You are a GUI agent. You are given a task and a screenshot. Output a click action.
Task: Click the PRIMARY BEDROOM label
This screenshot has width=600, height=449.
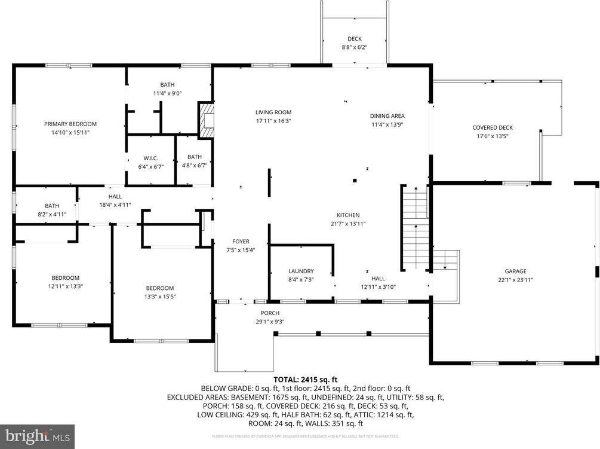[70, 124]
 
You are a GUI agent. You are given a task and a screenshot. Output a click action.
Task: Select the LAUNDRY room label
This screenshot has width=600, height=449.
[300, 271]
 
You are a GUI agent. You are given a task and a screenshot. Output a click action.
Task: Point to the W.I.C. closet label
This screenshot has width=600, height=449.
[150, 158]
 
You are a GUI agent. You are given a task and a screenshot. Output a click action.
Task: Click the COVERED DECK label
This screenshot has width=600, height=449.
[492, 127]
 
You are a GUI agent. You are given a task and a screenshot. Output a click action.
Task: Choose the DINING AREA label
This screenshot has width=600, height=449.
[387, 116]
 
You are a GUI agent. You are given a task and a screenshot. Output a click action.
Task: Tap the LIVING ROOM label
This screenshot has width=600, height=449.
[273, 112]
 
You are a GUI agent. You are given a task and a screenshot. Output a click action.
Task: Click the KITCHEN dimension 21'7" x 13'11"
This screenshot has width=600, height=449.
[348, 224]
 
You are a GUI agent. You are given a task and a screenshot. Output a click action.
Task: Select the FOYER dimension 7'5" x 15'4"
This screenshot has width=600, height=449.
[241, 250]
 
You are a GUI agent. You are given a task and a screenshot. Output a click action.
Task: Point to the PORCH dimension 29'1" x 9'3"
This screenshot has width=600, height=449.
[270, 322]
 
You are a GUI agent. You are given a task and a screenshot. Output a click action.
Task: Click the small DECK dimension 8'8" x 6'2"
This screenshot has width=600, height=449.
[355, 47]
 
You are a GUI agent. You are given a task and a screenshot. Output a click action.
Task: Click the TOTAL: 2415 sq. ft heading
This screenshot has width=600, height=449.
[306, 379]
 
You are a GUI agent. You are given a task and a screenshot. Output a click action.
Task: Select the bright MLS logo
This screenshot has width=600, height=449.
[37, 436]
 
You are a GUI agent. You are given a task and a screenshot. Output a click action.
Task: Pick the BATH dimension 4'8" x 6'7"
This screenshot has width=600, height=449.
[194, 166]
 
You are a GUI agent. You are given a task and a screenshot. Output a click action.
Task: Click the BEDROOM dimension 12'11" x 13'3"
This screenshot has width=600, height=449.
[65, 286]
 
